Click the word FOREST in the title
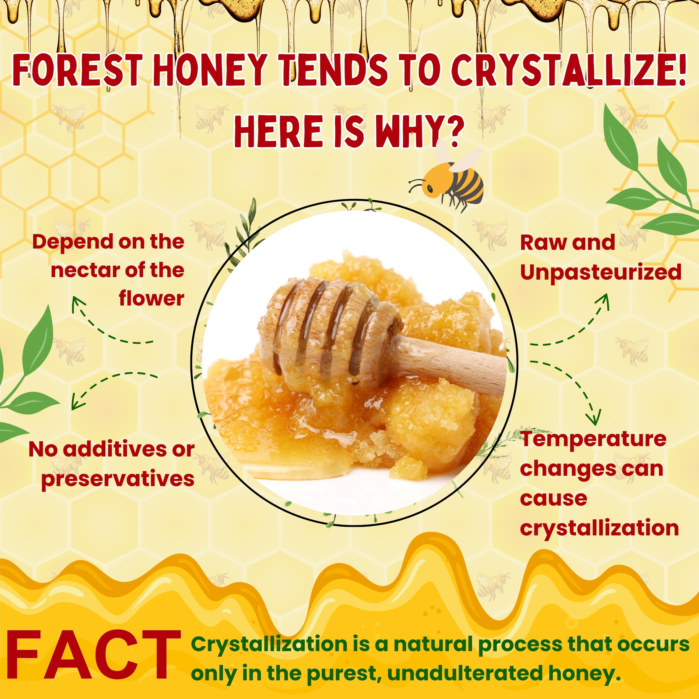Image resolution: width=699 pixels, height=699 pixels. point(76,69)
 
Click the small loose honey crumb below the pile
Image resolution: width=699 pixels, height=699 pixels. point(408,467)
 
